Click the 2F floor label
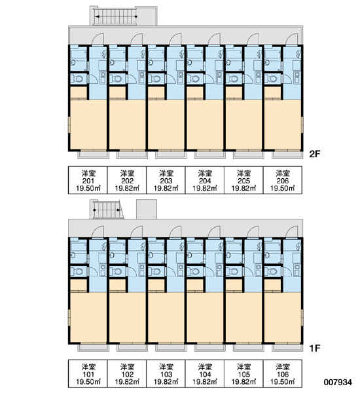tap(315, 154)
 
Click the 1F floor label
tap(315, 348)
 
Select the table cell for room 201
tap(88, 180)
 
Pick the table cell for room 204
tap(205, 180)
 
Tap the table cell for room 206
tap(283, 180)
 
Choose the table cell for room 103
tap(166, 374)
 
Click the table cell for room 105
tap(243, 374)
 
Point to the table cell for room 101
tap(88, 374)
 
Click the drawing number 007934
tap(338, 382)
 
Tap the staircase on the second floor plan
tap(115, 16)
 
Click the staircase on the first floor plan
tap(107, 210)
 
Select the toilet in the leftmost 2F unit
tap(77, 79)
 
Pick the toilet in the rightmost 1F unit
tap(272, 272)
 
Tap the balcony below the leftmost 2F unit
tap(94, 155)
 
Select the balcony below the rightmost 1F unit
tap(287, 348)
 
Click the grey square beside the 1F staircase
tap(147, 210)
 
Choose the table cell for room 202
tap(127, 180)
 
